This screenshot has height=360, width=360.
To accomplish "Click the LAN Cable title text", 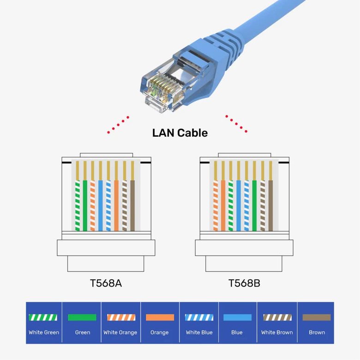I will (x=180, y=133).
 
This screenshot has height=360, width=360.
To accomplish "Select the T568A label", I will (x=106, y=283).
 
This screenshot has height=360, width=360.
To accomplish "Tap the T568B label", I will (x=244, y=283).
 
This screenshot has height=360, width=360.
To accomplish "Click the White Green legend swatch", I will (x=43, y=318).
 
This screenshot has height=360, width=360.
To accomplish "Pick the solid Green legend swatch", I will (x=82, y=318).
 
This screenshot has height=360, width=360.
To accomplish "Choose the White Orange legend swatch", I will (x=121, y=318).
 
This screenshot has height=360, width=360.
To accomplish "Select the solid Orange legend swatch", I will (x=160, y=318).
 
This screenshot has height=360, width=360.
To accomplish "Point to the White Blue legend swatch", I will (x=199, y=318).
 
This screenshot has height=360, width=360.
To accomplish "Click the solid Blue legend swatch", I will (x=237, y=318).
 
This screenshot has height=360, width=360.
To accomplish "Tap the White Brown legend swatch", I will (x=277, y=318).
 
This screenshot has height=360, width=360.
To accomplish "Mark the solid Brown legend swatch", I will (x=317, y=318).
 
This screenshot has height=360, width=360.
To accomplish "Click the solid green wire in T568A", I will (x=84, y=205).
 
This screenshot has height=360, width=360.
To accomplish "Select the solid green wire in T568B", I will (x=254, y=205).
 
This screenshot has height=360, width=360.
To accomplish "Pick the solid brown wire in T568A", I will (x=132, y=205).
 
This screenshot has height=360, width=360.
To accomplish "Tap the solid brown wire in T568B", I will (x=270, y=205).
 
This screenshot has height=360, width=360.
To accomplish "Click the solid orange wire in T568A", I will (x=116, y=205).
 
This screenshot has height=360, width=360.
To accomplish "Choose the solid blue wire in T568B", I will (x=239, y=205).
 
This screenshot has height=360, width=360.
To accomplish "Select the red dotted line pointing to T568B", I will (x=236, y=124).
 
